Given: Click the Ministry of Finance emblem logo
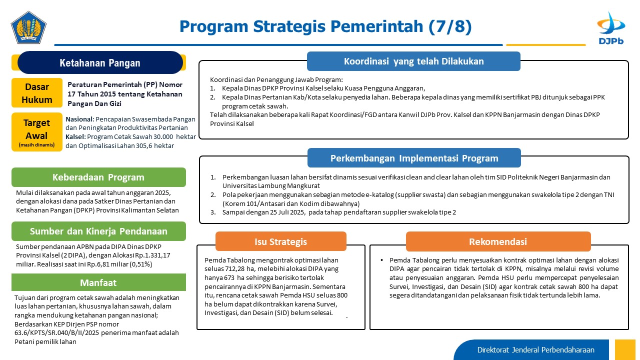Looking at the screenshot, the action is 28,27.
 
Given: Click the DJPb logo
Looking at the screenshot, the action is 611,28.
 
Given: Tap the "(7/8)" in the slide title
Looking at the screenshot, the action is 450,26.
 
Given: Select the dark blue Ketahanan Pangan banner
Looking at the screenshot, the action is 100,62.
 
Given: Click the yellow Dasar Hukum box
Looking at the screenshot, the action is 37,93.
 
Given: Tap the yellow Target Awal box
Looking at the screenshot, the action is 37,132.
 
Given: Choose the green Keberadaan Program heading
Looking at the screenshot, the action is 98,177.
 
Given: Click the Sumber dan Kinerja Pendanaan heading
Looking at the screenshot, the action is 98,231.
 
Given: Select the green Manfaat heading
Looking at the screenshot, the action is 98,282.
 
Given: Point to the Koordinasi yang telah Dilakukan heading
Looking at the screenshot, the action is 413,61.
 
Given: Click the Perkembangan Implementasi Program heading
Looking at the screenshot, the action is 414,158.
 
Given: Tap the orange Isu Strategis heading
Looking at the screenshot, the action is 281,241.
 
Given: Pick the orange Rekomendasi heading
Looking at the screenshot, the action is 498,241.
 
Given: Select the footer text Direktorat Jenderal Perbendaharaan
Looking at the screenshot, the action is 535,350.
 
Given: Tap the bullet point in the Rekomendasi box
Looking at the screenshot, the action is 381,260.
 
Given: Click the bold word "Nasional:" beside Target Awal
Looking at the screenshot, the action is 79,119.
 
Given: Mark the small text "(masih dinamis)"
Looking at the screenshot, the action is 36,145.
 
